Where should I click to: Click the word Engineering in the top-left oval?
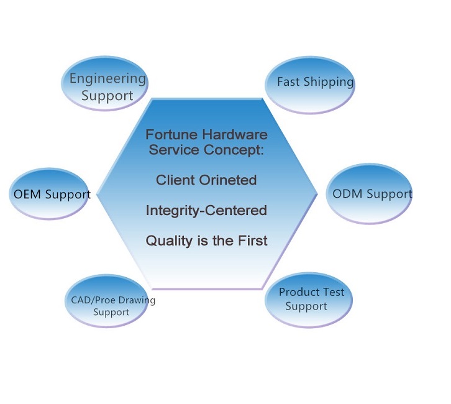[107, 79]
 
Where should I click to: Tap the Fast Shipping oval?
[310, 85]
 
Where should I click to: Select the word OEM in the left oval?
[27, 194]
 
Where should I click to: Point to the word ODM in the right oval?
[347, 194]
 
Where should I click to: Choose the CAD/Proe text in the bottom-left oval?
[93, 300]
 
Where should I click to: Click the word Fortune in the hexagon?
[171, 135]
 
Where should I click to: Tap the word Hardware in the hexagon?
[235, 135]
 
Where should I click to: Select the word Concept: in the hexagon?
[234, 150]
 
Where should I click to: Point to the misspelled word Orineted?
[227, 180]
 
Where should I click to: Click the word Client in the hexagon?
[175, 180]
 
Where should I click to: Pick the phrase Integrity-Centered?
[206, 210]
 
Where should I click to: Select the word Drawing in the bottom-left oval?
[137, 301]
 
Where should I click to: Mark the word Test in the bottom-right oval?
[332, 292]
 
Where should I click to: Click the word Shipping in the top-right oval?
[329, 82]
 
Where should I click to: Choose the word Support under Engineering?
[107, 96]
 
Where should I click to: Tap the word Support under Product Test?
[306, 306]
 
